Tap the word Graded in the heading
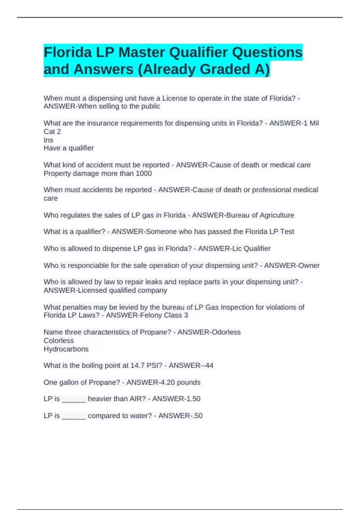pos(225,69)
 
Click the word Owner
pos(309,265)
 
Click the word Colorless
pos(58,340)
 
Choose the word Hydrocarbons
pos(66,349)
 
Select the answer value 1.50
pos(192,399)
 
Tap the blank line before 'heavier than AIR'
pos(74,400)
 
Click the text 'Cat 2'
pos(52,132)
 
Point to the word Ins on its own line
pos(48,140)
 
